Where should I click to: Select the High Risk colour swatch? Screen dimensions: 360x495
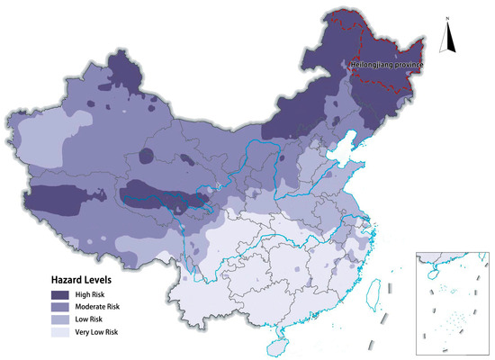pos(65,294)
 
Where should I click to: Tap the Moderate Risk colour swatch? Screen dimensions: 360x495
pos(65,307)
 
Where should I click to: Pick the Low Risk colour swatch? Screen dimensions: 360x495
pos(65,319)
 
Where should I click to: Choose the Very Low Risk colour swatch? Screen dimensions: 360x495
pos(65,332)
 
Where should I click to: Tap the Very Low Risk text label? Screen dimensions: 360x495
pos(110,332)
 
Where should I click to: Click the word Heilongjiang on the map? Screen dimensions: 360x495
pos(371,66)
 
